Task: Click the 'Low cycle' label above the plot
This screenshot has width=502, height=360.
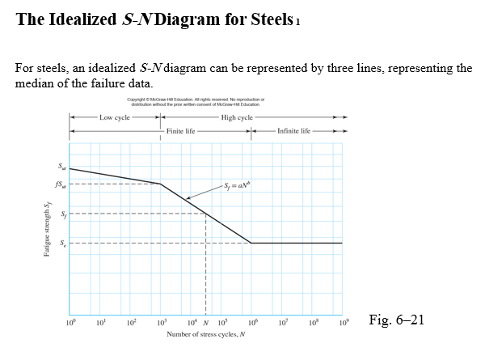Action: [114, 118]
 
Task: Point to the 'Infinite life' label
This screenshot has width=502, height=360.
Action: [293, 130]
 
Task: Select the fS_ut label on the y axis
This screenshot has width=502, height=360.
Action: [59, 184]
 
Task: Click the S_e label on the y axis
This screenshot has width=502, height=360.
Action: [61, 243]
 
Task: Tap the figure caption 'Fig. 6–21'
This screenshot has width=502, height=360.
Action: [396, 320]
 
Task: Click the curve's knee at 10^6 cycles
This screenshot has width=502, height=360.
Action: [251, 243]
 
